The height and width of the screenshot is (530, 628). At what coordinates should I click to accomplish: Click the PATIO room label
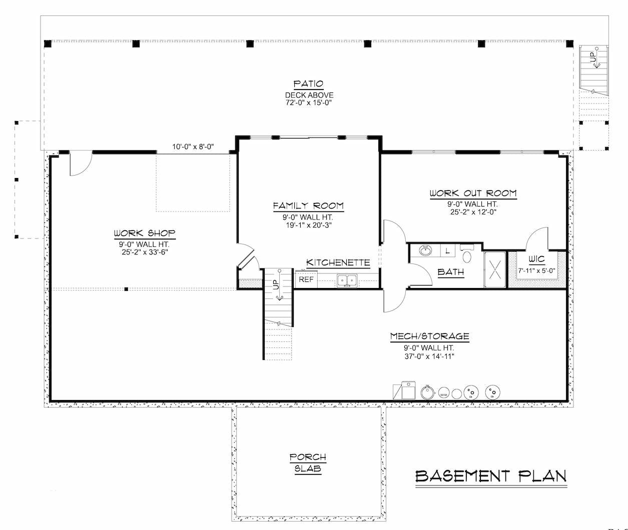click(308, 83)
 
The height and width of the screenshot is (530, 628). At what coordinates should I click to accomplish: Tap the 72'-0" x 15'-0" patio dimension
click(308, 102)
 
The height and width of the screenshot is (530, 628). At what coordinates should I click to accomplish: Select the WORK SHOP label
click(145, 233)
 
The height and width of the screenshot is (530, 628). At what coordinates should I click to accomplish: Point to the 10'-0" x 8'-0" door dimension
click(193, 146)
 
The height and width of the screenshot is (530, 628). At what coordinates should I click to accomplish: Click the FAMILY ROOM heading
click(308, 206)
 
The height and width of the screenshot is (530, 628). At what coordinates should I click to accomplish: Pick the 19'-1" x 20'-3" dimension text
click(309, 225)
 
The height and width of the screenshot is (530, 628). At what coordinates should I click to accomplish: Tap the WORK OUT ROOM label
click(473, 193)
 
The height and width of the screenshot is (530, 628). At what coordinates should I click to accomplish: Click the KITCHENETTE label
click(338, 262)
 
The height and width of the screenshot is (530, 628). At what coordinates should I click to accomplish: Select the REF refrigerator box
click(306, 279)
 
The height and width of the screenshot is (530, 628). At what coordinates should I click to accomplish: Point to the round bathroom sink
click(425, 250)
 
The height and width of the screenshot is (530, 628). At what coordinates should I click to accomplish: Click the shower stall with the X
click(495, 269)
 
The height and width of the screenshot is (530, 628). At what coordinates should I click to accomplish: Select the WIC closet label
click(536, 259)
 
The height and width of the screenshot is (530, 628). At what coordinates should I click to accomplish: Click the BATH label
click(450, 272)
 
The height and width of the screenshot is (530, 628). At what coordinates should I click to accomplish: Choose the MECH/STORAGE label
click(429, 336)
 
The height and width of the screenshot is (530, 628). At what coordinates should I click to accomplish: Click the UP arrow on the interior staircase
click(279, 285)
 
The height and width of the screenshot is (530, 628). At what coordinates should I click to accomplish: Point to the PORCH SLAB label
click(308, 462)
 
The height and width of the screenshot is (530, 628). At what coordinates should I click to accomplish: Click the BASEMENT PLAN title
click(491, 476)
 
